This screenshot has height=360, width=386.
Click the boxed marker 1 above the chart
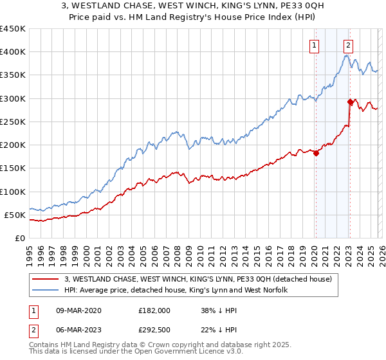314,45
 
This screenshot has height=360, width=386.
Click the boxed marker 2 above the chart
348,45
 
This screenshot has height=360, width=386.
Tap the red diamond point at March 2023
350,102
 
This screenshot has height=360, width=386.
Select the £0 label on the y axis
19,238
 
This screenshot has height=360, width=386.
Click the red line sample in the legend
45,279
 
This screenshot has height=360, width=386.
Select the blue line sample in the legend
45,291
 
